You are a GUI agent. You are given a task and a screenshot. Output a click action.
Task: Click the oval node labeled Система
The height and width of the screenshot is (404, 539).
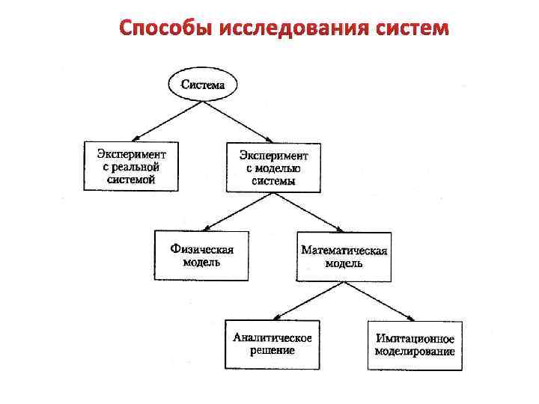(x=203, y=85)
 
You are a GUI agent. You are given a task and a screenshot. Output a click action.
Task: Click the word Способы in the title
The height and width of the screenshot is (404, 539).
(x=165, y=28)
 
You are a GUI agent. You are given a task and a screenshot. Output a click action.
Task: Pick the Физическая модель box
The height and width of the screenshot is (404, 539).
(x=201, y=255)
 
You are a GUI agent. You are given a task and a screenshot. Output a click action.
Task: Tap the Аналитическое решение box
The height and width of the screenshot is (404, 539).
(x=272, y=344)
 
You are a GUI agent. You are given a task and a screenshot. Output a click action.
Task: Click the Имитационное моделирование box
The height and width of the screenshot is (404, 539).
(x=415, y=345)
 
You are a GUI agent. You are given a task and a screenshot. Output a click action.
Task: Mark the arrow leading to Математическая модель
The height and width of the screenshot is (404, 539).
(x=308, y=211)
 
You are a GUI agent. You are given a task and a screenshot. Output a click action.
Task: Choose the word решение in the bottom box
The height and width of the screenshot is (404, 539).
(x=272, y=350)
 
